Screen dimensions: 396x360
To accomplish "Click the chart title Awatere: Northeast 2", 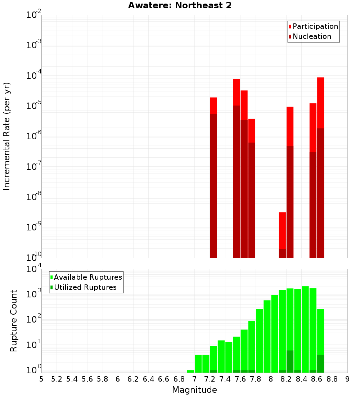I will tap(180, 6).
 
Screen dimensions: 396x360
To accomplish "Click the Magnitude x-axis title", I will tap(194, 390).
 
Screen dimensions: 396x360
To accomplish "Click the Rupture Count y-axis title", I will tap(14, 320).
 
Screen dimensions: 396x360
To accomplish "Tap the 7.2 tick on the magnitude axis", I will tap(210, 379).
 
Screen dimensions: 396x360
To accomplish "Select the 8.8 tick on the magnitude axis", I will tap(332, 379).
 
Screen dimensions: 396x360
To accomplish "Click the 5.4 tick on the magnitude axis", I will tap(72, 379).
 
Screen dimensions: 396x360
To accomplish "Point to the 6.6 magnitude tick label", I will tap(164, 379).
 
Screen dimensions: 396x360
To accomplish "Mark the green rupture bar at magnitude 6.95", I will tap(191, 371).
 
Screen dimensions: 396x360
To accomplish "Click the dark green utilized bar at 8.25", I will tap(290, 361).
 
